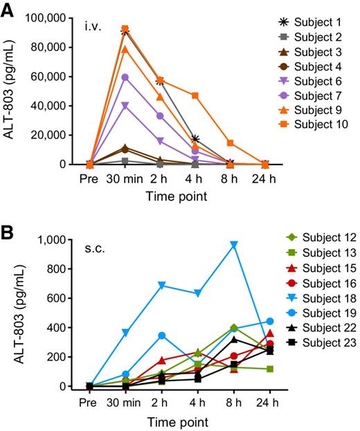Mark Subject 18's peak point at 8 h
coord(234,244)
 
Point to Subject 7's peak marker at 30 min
coord(125,77)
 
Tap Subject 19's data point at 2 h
coord(161,336)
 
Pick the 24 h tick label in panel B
coord(269,402)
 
